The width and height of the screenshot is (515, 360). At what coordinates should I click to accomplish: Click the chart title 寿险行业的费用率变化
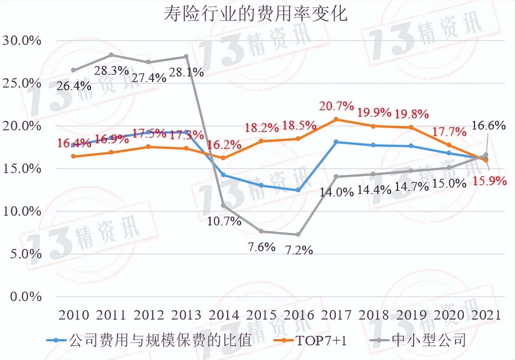(255, 14)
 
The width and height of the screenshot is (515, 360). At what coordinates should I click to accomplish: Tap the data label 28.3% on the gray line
(112, 71)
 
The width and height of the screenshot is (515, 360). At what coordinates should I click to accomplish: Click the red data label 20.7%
(336, 106)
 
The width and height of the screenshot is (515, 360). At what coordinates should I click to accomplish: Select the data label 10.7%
(224, 221)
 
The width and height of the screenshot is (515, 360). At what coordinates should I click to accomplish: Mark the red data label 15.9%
(490, 181)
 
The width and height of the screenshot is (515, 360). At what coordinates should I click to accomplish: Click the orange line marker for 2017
(336, 120)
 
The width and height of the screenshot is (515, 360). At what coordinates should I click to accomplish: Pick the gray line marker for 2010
(73, 70)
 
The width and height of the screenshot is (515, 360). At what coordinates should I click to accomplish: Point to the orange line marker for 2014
(224, 158)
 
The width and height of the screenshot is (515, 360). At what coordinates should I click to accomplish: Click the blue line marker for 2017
(336, 142)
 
